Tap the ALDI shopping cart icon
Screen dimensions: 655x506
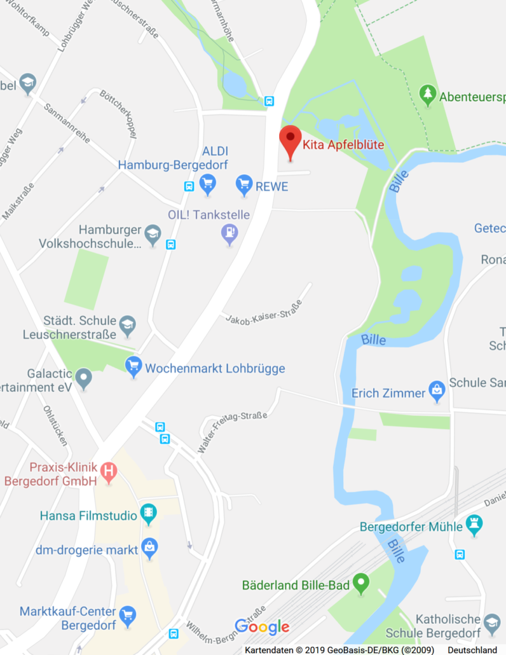(x=207, y=185)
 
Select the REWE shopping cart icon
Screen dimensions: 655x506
(x=244, y=185)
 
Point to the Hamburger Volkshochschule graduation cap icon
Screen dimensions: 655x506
(x=153, y=235)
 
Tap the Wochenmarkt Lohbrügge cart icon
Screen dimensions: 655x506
(x=133, y=366)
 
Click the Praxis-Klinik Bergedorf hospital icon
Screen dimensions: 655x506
(x=109, y=472)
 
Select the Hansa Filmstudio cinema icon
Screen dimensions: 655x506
(x=149, y=514)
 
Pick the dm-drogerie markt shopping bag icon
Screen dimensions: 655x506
(x=149, y=548)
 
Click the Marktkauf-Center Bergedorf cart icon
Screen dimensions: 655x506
(x=128, y=614)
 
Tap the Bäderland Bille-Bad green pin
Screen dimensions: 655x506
(x=361, y=583)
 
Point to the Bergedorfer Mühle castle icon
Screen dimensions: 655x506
(x=474, y=525)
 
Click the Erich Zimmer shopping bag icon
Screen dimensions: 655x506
(x=437, y=391)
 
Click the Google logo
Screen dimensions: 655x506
(x=262, y=626)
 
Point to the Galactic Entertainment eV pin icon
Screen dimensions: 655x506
(x=84, y=379)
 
